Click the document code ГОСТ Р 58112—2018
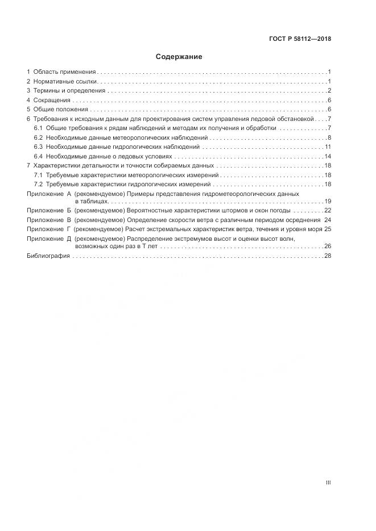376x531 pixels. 300,39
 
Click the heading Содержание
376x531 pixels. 179,57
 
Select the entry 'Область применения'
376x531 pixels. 64,72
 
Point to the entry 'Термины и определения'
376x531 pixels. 69,91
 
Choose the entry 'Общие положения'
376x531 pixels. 60,110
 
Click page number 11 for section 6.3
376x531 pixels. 328,147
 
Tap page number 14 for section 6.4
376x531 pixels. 328,156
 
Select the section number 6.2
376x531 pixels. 38,138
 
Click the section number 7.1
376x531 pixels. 38,175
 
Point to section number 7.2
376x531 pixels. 38,185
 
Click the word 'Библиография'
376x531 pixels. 48,256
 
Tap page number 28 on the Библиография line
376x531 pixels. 328,256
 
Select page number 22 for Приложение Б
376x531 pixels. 328,211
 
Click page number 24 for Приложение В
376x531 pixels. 328,220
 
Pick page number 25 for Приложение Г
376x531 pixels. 328,229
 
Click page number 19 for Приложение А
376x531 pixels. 328,202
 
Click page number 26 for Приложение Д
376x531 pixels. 328,247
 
